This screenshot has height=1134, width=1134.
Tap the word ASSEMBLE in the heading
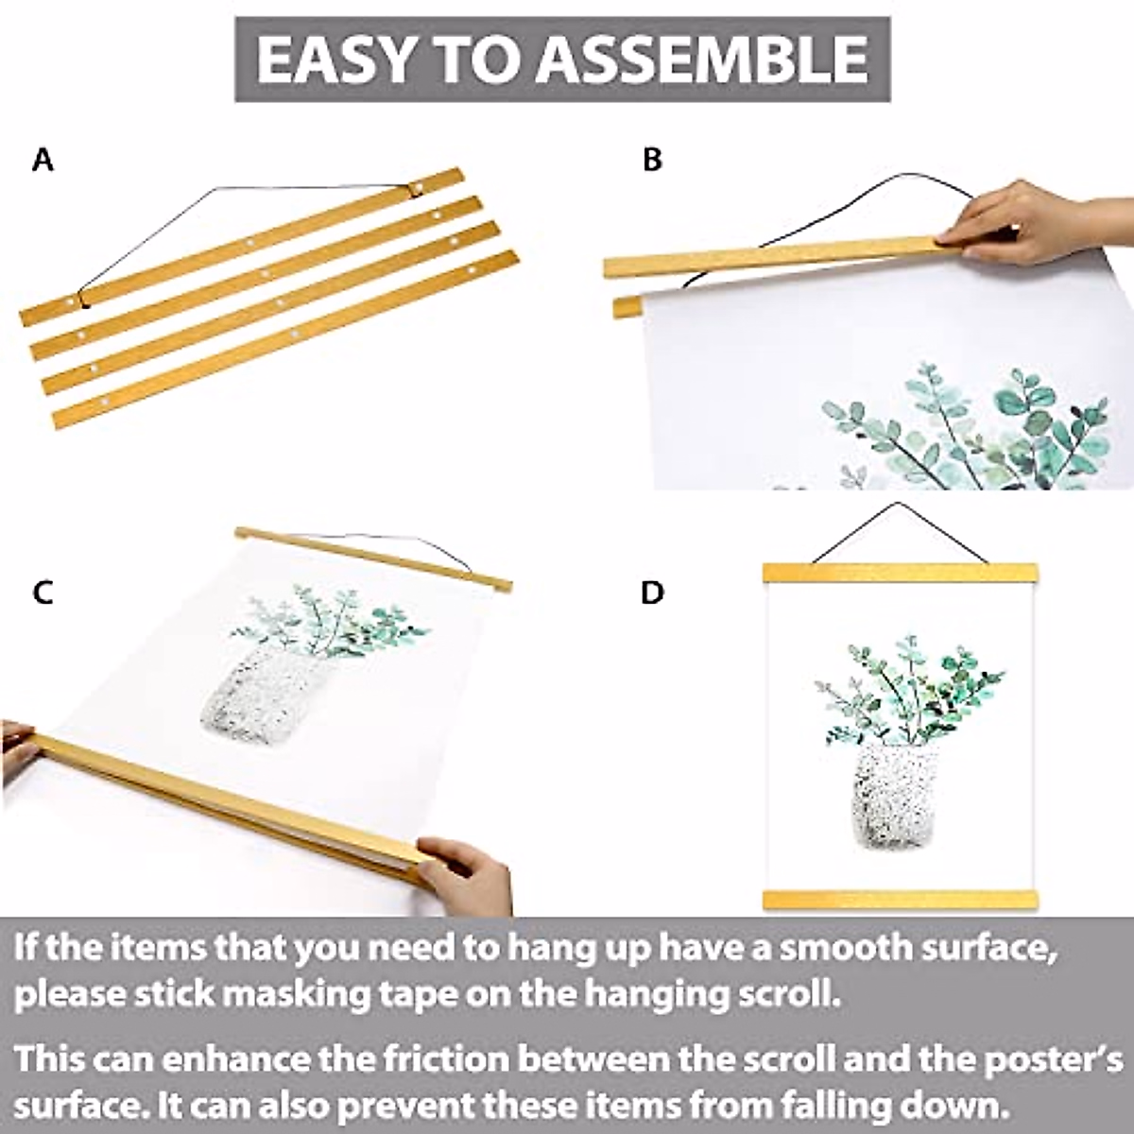click(x=703, y=59)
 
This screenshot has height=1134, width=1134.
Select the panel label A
click(x=43, y=161)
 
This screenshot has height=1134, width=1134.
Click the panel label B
click(x=652, y=161)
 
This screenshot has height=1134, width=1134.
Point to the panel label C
click(x=43, y=593)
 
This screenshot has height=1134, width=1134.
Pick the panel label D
click(x=652, y=593)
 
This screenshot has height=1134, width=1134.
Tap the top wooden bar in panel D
click(x=900, y=573)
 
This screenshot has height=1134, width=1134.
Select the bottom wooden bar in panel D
click(x=900, y=899)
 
